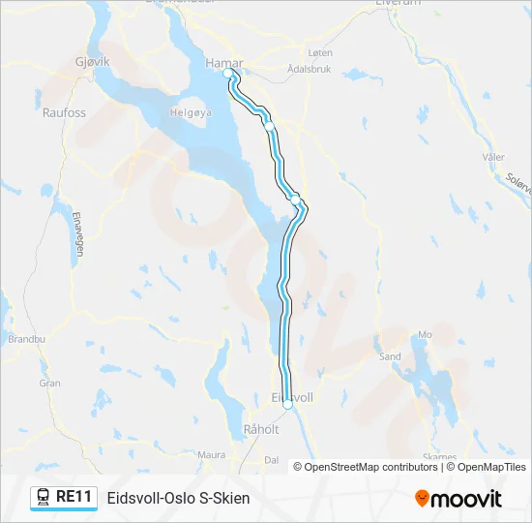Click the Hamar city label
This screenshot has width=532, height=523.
click(222, 63)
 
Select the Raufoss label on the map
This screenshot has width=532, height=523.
click(64, 112)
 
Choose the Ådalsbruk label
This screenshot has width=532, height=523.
click(310, 70)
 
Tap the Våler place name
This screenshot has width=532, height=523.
click(493, 156)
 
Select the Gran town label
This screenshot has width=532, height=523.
click(49, 383)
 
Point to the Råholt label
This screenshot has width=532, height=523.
click(261, 429)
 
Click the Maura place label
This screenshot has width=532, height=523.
click(211, 453)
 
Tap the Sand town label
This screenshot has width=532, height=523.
click(390, 356)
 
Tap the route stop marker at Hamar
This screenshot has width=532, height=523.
click(228, 74)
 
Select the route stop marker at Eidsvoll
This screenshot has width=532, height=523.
click(287, 406)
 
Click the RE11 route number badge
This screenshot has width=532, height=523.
click(74, 497)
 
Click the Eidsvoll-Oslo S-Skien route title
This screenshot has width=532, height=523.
click(178, 498)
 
